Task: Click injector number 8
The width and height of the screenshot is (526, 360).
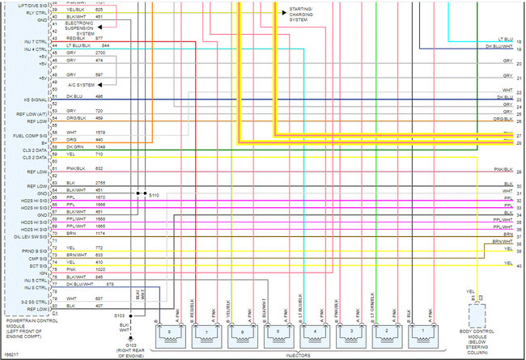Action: coord(168,332)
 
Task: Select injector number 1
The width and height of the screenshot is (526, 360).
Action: coord(422,332)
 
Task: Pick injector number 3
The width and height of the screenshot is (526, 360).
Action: coord(350,332)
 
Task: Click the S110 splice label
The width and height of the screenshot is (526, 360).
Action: coord(154,195)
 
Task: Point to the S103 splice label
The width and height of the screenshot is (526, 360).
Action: coord(119,316)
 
